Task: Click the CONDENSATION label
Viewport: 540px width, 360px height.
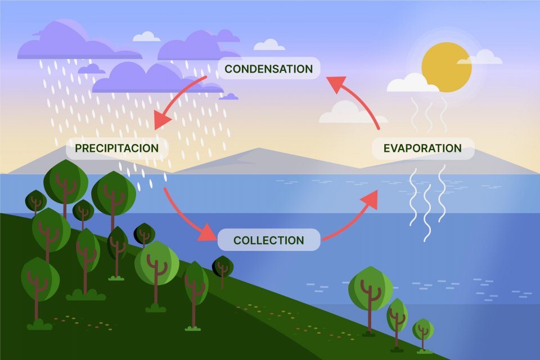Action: pyautogui.click(x=268, y=69)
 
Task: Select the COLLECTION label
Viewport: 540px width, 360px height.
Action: pyautogui.click(x=268, y=240)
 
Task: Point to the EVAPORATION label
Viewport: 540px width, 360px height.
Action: pyautogui.click(x=422, y=148)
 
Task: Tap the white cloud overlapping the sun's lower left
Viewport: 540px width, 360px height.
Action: pyautogui.click(x=412, y=83)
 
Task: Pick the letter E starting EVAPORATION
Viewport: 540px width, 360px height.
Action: pyautogui.click(x=387, y=148)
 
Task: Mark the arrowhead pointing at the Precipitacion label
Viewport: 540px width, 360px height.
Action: pyautogui.click(x=163, y=119)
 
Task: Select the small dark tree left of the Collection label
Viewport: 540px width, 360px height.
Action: pyautogui.click(x=223, y=267)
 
